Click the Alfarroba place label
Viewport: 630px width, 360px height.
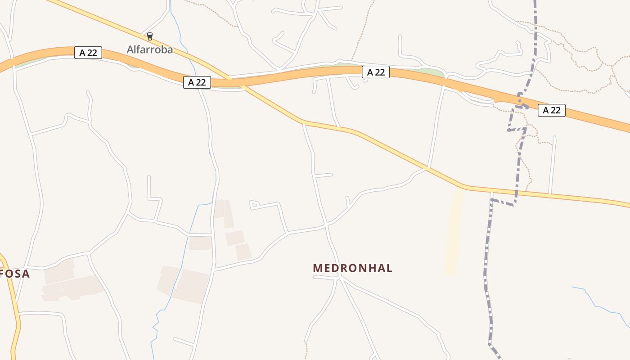[149, 49]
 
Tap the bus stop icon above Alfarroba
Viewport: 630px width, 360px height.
[150, 36]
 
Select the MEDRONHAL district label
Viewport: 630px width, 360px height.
[352, 268]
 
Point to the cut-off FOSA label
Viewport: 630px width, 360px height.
[15, 274]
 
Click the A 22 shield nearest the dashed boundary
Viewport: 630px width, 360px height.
[551, 110]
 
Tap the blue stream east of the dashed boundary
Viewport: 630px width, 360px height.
[598, 306]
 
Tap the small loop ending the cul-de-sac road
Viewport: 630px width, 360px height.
[253, 205]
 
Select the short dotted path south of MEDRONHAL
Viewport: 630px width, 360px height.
[306, 351]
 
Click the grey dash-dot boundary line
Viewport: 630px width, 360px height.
[488, 270]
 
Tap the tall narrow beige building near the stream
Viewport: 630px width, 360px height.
[229, 214]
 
